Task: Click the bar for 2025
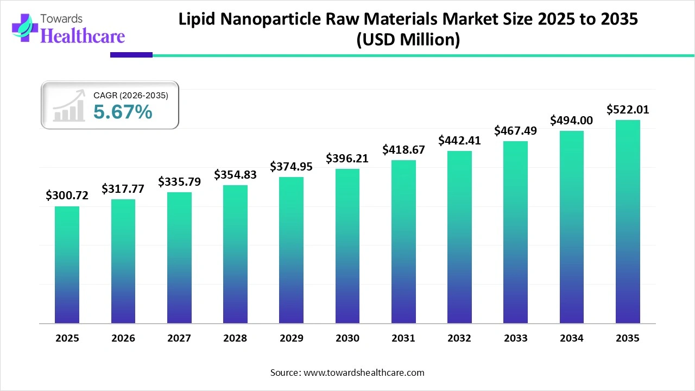pos(67,265)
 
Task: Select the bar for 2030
pos(347,246)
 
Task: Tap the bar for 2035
pos(628,222)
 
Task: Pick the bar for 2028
pos(235,254)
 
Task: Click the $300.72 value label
pos(67,195)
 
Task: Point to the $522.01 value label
pos(628,110)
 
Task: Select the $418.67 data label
pos(403,149)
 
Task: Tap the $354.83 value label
pos(235,174)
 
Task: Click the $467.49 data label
pos(515,130)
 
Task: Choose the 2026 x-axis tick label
pos(123,338)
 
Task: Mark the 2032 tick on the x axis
pos(459,338)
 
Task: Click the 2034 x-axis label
pos(572,338)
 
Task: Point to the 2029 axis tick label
pos(291,338)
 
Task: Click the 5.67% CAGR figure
pos(123,112)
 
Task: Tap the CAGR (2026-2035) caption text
pos(131,96)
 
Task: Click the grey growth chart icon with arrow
pos(69,106)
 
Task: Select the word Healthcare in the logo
pos(83,36)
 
